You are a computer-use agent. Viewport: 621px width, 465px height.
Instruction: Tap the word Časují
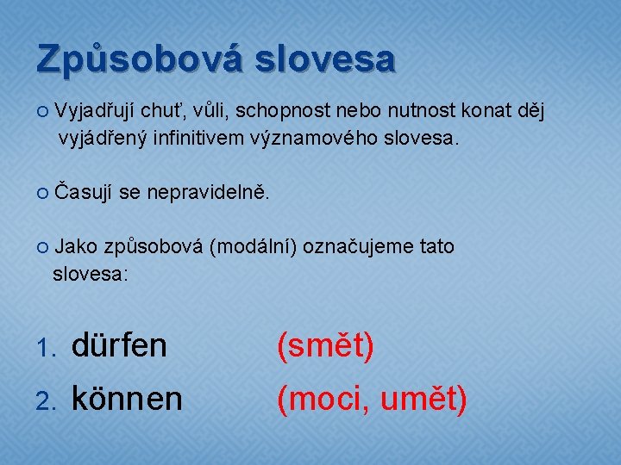85,195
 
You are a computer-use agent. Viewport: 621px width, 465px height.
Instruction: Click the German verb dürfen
119,346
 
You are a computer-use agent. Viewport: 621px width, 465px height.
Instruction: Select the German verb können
127,399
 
